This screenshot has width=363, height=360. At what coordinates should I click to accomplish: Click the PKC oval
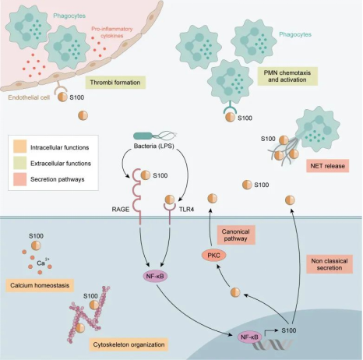coord(213,256)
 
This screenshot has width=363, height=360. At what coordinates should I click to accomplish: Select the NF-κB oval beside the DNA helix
coord(249,337)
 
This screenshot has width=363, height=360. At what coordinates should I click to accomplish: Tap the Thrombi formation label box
coord(115,83)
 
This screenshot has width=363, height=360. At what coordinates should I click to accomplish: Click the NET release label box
coord(328,166)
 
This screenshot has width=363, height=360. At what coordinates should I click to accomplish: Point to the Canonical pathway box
coord(236,235)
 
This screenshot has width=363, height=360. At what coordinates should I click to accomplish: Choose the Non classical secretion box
coord(330,264)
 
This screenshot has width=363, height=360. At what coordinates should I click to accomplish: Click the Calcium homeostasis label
coord(40,285)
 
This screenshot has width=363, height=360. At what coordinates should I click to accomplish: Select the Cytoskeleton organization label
coord(129,344)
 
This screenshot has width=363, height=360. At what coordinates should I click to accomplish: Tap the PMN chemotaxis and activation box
coord(287,76)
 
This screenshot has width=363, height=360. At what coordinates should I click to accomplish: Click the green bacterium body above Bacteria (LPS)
coord(143,136)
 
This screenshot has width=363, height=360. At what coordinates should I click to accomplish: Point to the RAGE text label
coord(121,210)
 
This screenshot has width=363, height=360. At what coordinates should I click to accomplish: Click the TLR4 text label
coord(186,210)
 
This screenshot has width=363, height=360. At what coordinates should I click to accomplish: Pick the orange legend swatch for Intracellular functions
coord(20,146)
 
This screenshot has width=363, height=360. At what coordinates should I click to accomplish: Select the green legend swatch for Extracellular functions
coord(20,163)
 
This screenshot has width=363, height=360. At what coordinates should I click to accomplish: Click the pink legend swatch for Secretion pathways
coord(20,179)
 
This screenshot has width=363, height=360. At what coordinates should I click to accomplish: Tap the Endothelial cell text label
coord(29,97)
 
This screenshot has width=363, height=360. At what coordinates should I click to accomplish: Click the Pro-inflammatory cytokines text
coord(112,32)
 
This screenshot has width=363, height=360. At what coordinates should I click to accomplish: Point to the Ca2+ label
coord(43,263)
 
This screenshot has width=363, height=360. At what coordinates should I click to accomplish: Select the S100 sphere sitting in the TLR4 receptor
coord(170,199)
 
